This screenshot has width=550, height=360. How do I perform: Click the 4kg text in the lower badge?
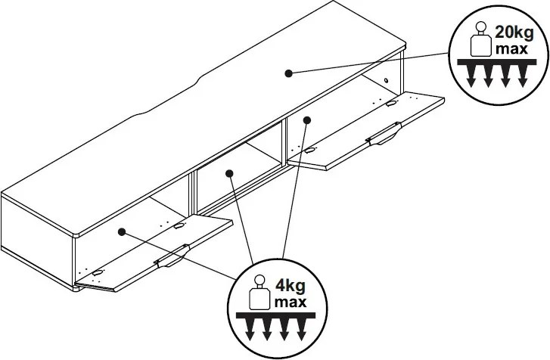[x=291, y=287]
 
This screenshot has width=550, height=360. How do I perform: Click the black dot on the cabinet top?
[x=288, y=73]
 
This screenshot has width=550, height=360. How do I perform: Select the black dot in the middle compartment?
[x=230, y=173]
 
